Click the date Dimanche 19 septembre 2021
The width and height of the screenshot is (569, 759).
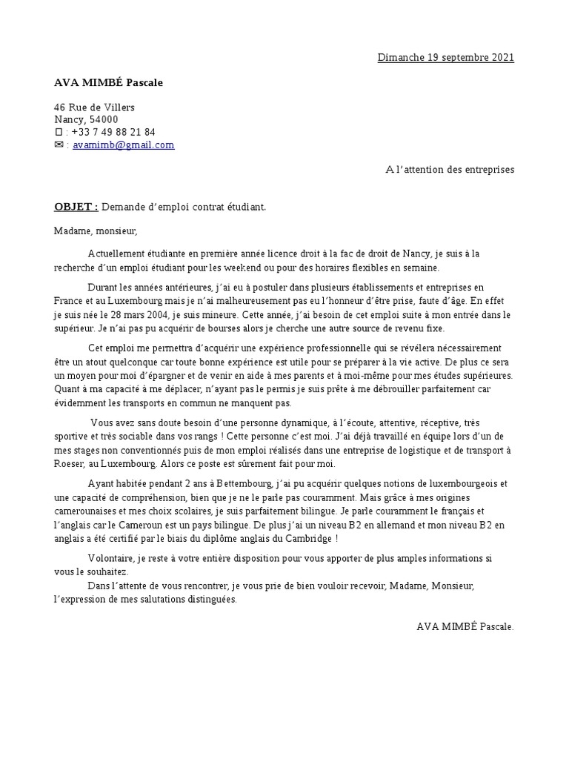click(445, 58)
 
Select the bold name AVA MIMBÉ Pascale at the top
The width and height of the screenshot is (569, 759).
click(108, 82)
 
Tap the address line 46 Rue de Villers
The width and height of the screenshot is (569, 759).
click(94, 107)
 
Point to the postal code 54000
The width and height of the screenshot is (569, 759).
click(104, 119)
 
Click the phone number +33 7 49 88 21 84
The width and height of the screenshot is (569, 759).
click(113, 132)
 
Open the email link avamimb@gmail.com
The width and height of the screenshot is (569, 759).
click(124, 145)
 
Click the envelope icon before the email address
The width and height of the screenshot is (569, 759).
click(59, 145)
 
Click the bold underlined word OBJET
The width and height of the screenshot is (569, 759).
click(75, 207)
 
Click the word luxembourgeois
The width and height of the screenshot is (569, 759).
click(452, 484)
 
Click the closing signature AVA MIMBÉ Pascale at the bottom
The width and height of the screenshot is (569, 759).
click(465, 626)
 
